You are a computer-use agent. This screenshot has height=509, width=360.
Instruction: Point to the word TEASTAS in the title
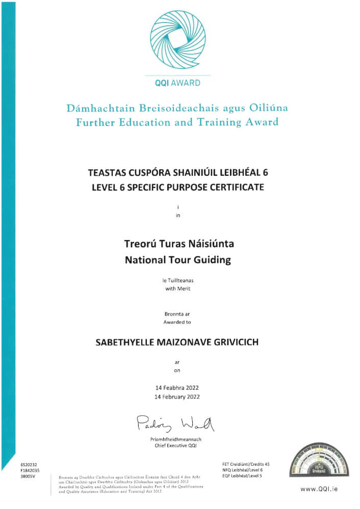tap(107, 173)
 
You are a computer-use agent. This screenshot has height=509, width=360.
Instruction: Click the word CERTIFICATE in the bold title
tap(239, 187)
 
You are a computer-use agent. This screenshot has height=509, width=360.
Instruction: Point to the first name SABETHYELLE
tap(122, 342)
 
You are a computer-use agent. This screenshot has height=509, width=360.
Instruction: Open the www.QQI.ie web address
tap(318, 489)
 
